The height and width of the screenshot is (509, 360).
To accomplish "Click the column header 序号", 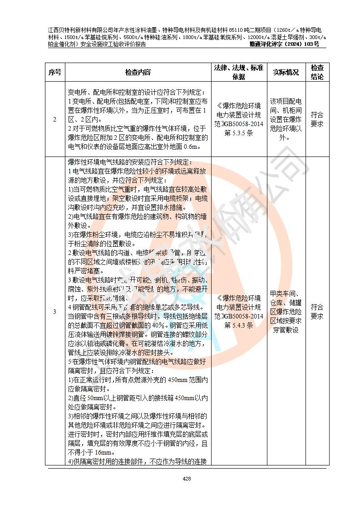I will (x=55, y=72).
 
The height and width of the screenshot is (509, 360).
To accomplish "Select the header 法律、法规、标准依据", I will (x=239, y=72).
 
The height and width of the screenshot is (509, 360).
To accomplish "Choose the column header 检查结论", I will (x=317, y=72).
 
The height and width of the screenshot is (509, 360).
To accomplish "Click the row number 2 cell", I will (x=55, y=120).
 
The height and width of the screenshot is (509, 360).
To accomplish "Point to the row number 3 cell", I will (x=55, y=311).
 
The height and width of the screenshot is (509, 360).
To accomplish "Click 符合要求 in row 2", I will (x=317, y=120).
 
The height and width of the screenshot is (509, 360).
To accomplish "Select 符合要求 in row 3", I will (x=317, y=311).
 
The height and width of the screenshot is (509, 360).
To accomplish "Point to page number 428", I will (x=187, y=479).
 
